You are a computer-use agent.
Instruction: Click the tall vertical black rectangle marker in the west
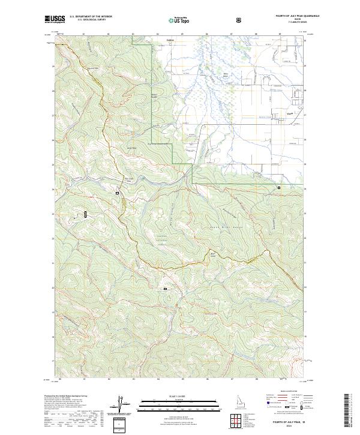coord(86,214)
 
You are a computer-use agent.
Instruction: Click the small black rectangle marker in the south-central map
coord(165,289)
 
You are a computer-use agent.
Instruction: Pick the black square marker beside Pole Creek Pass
coord(118,193)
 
